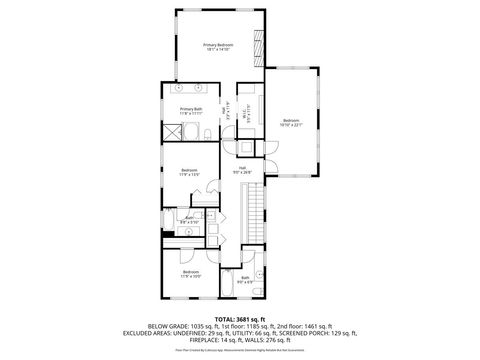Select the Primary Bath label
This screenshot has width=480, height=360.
click(191, 110)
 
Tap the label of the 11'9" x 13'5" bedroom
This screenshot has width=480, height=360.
click(189, 172)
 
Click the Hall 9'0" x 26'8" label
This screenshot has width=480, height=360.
click(242, 170)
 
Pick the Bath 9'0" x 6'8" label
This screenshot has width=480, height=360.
click(245, 280)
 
